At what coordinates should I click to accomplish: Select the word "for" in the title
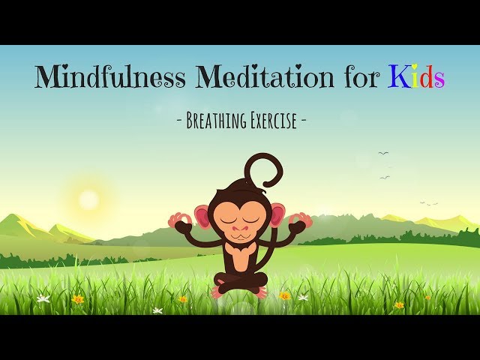point(361,77)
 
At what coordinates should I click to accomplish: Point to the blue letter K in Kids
point(398,77)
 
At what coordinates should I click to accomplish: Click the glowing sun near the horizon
point(88,199)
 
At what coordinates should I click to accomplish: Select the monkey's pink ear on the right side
point(277,216)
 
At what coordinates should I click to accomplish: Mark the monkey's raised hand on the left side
point(180,220)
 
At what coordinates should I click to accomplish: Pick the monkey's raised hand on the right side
point(301,220)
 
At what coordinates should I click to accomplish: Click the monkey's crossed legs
point(240,282)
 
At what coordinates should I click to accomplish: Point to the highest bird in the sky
point(383,153)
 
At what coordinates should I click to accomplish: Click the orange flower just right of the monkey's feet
point(284,295)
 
